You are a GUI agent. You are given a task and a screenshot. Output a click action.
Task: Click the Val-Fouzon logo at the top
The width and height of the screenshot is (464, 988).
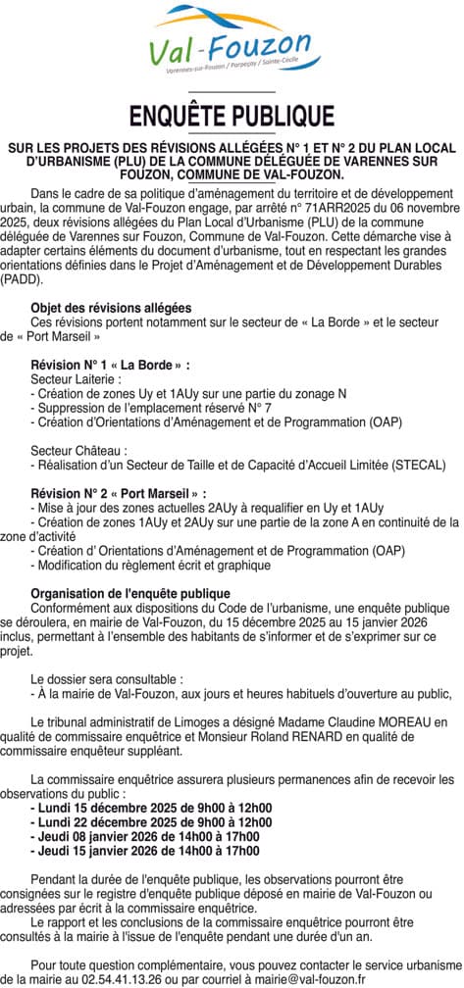point(232,44)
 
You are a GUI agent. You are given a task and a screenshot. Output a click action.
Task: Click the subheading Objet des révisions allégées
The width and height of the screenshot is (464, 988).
point(111,308)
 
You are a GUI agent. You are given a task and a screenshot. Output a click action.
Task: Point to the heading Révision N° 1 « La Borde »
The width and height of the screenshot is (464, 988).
point(110,365)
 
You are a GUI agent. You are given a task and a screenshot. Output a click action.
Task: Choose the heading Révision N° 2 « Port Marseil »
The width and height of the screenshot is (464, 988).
point(119,493)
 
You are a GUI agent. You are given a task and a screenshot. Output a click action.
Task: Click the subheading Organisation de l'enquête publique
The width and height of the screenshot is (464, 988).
point(130,594)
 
